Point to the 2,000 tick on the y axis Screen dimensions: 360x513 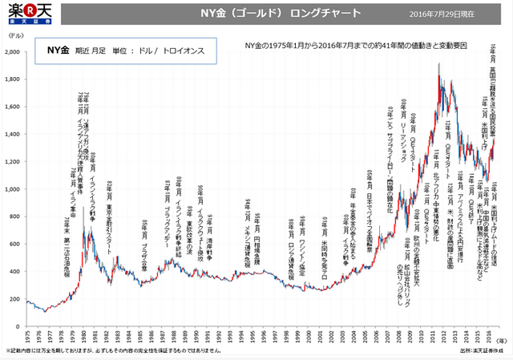pyautogui.click(x=14, y=52)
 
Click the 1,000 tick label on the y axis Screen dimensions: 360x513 pyautogui.click(x=14, y=190)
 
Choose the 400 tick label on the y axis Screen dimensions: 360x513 pyautogui.click(x=15, y=273)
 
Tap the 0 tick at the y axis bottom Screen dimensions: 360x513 pyautogui.click(x=19, y=327)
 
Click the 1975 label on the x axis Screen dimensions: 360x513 pyautogui.click(x=27, y=335)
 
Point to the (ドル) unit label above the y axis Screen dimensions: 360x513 pyautogui.click(x=14, y=41)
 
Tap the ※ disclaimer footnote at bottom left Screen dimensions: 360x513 pyautogui.click(x=120, y=351)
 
